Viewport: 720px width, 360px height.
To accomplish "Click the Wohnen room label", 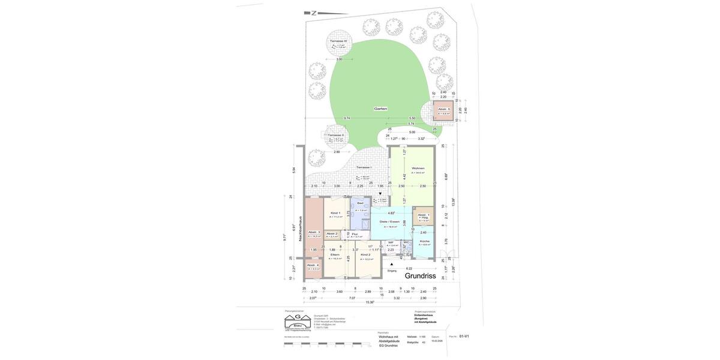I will tap(418, 168).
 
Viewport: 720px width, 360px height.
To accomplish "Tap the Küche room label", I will tap(424, 241).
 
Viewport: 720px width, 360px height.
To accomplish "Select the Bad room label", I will tap(360, 203).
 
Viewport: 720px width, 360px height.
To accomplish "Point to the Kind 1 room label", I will tap(335, 213).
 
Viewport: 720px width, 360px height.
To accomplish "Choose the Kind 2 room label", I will tap(365, 255).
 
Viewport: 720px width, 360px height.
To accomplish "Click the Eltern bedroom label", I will tap(335, 255).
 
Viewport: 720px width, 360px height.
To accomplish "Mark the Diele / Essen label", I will tap(389, 221).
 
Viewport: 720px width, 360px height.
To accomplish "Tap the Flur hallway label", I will tap(355, 234).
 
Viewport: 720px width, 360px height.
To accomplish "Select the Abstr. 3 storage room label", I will tap(314, 232).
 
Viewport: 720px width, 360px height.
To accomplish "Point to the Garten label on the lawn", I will tap(380, 109).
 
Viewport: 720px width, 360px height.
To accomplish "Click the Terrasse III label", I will tap(338, 41).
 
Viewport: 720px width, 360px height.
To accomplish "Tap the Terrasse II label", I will tap(335, 135).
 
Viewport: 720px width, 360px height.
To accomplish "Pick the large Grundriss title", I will tap(420, 276).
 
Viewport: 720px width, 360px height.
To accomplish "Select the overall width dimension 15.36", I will tap(370, 302).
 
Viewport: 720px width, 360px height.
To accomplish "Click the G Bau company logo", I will tap(298, 322).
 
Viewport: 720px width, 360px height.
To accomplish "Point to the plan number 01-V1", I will tap(464, 337).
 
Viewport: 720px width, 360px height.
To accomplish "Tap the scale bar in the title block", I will tap(328, 345).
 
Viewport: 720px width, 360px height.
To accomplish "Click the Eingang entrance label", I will tap(392, 271).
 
